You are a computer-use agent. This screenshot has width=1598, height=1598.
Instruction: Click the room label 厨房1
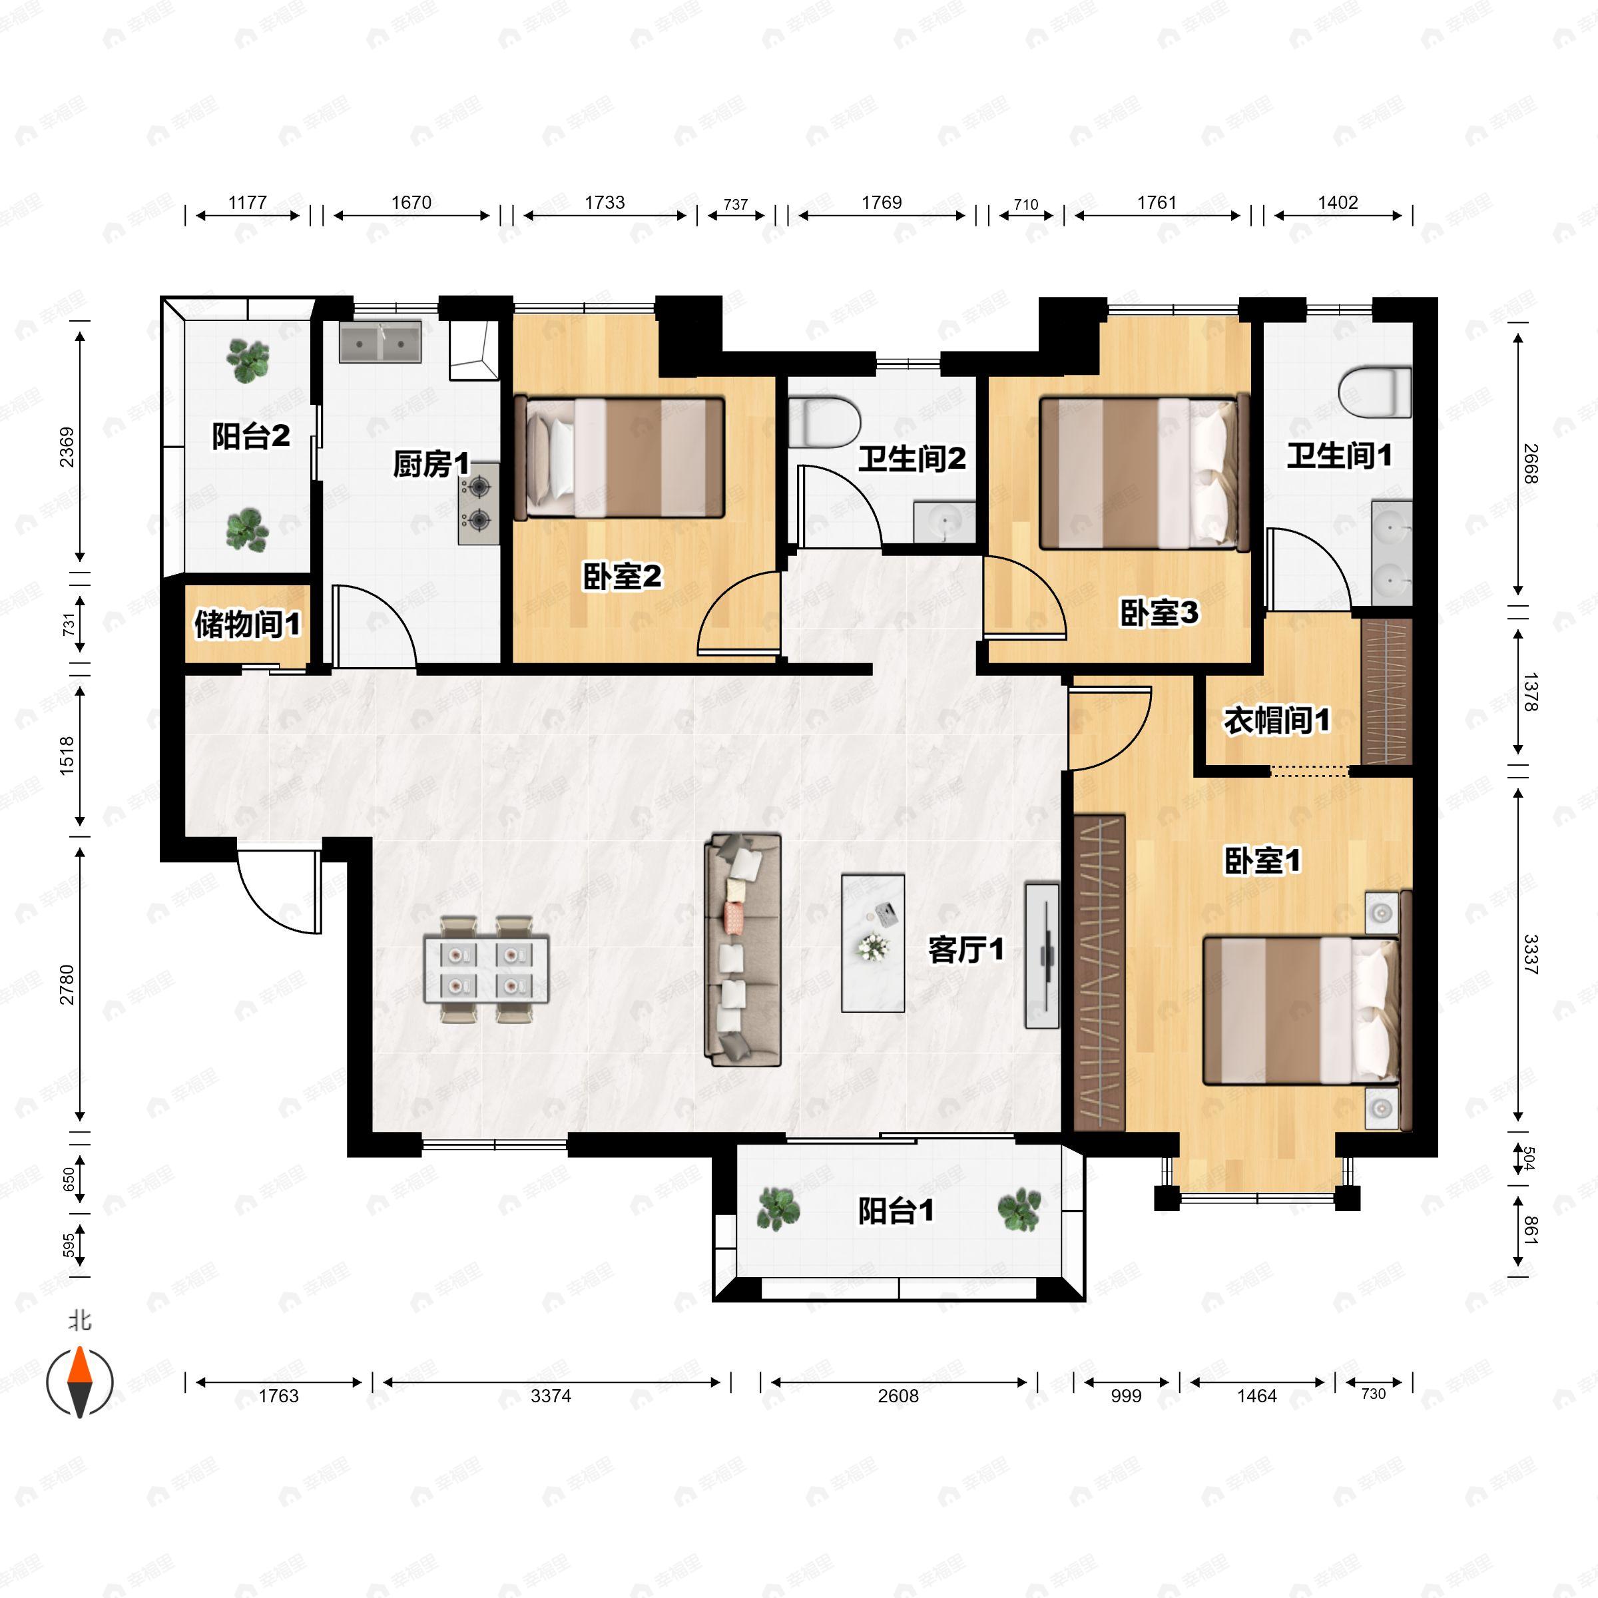(x=431, y=463)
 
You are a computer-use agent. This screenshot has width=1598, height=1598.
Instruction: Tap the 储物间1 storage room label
(x=247, y=624)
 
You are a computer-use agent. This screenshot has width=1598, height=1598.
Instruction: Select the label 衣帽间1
(x=1277, y=720)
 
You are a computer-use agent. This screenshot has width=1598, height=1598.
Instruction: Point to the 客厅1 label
(x=966, y=949)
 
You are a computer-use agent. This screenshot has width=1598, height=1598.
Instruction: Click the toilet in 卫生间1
(x=1374, y=393)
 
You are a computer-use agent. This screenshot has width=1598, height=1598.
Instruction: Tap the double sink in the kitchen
(x=380, y=342)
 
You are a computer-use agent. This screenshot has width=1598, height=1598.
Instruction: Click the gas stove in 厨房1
(x=479, y=504)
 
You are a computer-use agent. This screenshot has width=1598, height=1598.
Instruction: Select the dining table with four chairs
(x=486, y=969)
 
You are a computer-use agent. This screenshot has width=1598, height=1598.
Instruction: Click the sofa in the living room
(x=742, y=949)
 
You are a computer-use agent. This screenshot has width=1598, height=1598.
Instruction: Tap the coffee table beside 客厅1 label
(x=873, y=943)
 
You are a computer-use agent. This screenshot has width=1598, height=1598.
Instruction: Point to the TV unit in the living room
(x=1042, y=955)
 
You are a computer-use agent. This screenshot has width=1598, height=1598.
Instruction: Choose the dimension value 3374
(x=551, y=1396)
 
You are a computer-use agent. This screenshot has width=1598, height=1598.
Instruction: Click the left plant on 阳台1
(x=778, y=1208)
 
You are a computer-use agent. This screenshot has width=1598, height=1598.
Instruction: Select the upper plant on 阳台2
(x=247, y=362)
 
